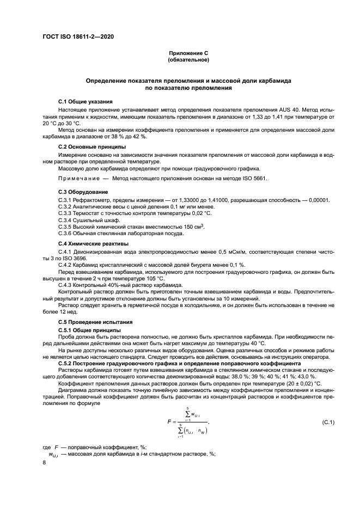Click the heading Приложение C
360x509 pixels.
(x=188, y=53)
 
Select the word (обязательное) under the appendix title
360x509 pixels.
(x=188, y=59)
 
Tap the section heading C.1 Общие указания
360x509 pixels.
(x=86, y=102)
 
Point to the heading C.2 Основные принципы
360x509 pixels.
(x=91, y=147)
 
